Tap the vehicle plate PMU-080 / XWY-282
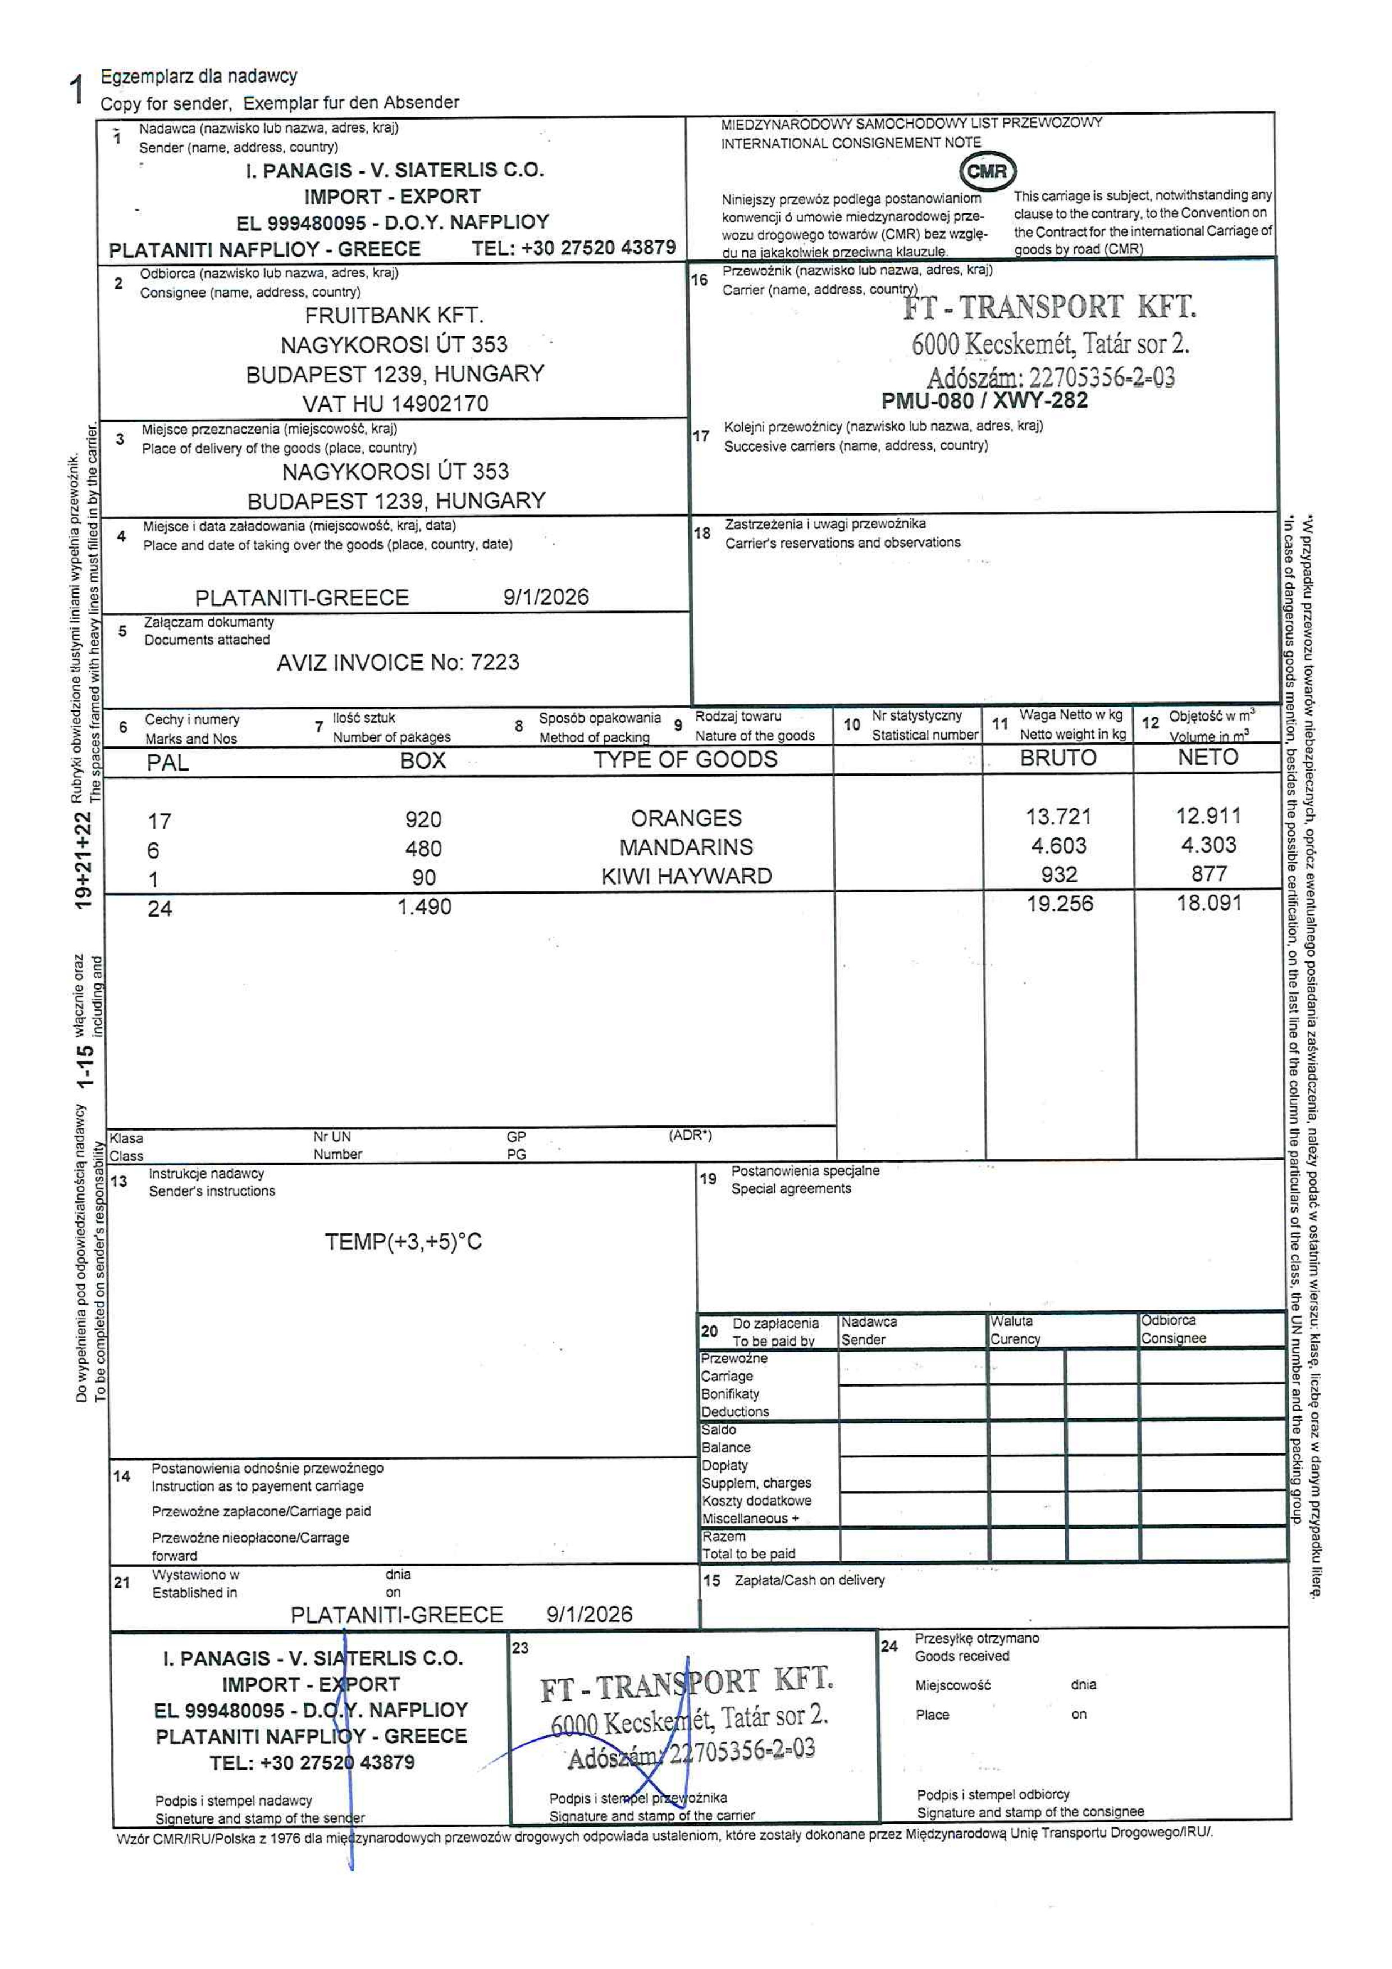click(x=984, y=400)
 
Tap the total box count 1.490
click(x=424, y=906)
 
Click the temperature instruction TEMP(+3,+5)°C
click(x=403, y=1241)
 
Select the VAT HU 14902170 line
click(x=395, y=403)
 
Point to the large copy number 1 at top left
click(x=76, y=89)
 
